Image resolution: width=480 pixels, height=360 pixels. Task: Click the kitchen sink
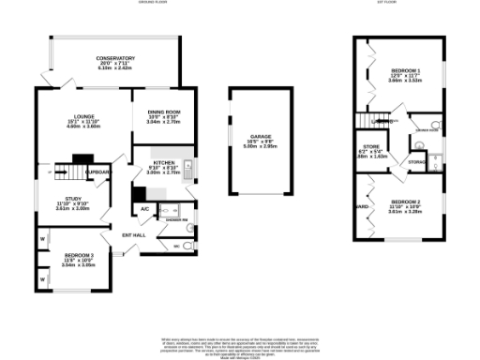coord(187,170)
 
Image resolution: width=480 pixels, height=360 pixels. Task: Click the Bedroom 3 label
coord(79,255)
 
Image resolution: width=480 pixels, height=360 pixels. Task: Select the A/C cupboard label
coord(145,208)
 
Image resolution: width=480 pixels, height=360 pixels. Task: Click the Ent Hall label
coord(134,234)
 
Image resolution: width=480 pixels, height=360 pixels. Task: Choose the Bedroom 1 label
coord(406,72)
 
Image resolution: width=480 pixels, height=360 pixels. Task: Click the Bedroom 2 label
coord(405,202)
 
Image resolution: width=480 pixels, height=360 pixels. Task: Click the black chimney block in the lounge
coord(82,158)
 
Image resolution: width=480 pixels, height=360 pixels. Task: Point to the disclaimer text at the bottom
coord(240,344)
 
